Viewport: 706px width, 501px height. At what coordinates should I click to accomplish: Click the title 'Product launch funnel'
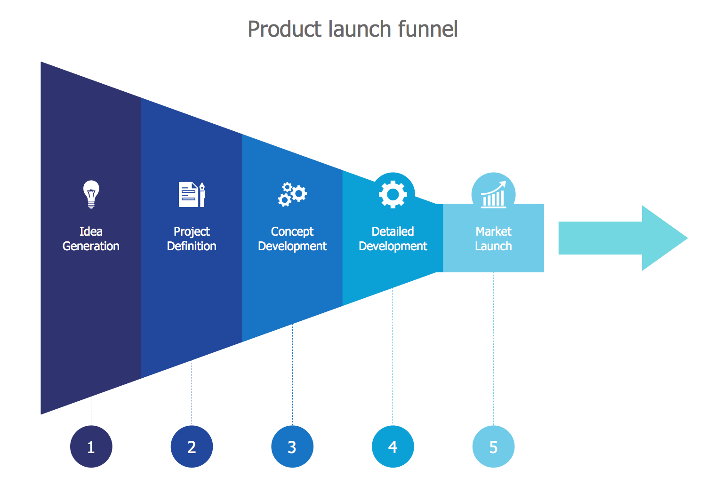tap(353, 29)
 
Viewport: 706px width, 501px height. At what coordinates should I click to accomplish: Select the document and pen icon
tap(192, 194)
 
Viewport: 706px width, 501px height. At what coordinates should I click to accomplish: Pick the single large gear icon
tap(393, 194)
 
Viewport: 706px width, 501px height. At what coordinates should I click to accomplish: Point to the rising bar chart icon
tap(493, 194)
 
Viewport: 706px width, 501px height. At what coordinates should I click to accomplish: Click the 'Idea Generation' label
tap(91, 239)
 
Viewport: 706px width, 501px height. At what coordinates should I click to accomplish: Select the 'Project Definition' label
tap(192, 239)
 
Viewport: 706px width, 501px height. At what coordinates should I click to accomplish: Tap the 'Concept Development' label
tap(292, 239)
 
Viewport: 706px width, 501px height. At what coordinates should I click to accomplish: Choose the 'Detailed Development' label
tap(393, 239)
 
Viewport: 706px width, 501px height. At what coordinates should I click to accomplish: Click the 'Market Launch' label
tap(493, 239)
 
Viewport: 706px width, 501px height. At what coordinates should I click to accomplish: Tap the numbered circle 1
tap(91, 446)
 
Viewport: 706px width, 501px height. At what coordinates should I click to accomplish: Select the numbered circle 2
tap(192, 446)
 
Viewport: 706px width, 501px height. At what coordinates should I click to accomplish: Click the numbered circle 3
tap(292, 446)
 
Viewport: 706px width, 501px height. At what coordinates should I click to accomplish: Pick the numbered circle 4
tap(393, 446)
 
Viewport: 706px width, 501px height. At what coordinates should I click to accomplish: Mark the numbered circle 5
tap(493, 446)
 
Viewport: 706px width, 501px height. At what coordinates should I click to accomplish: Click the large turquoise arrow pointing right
tap(621, 238)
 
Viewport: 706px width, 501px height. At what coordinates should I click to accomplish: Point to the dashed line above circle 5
tap(493, 348)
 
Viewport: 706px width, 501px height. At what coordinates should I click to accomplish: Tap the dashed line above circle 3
tap(292, 374)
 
